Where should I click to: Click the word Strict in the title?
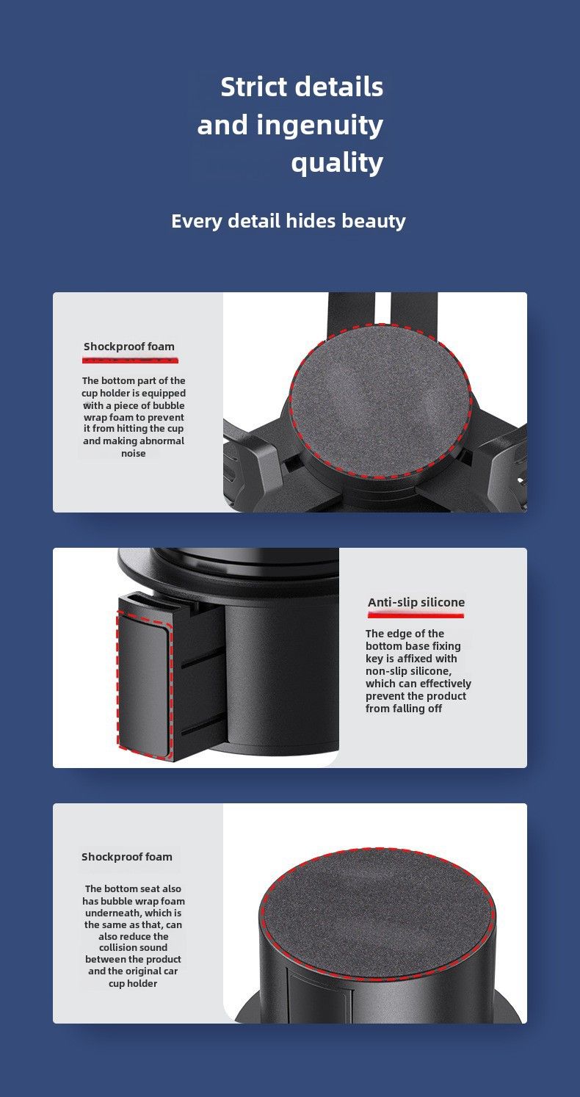tap(254, 87)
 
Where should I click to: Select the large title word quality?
tap(337, 162)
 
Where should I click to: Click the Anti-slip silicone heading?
tap(416, 602)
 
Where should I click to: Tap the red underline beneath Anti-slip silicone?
tap(416, 615)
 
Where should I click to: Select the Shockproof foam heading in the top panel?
tap(128, 347)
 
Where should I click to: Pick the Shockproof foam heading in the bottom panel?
tap(127, 857)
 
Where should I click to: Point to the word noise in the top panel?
tap(133, 454)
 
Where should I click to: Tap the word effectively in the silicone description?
tap(446, 684)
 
